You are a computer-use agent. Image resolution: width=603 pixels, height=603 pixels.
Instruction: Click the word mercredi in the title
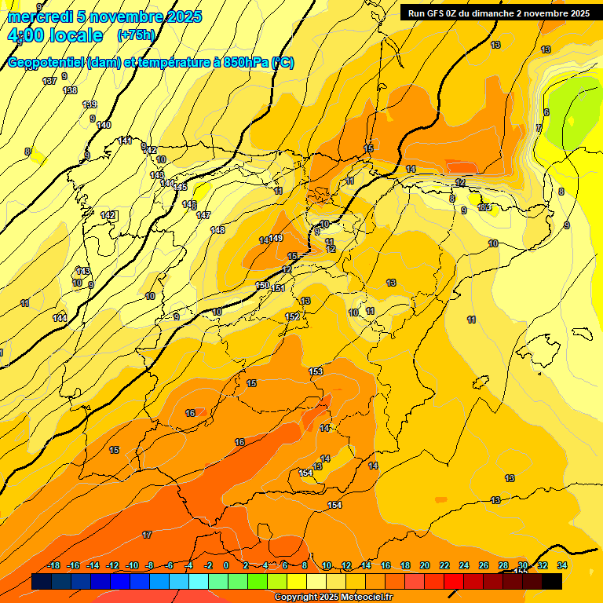coord(40,16)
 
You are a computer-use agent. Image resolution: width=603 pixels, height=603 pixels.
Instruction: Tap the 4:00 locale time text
coord(56,35)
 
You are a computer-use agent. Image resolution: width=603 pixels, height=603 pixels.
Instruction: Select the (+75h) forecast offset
coord(136,35)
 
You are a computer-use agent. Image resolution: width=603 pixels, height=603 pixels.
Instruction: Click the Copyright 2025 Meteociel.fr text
coord(333,597)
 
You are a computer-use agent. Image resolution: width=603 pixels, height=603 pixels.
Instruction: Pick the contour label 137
coord(49,81)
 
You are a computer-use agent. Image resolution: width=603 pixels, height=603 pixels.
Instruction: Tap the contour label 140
coord(104,125)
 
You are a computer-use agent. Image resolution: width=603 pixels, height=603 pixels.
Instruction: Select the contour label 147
coord(203,215)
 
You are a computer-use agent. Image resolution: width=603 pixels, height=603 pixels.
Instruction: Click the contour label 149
coord(276,238)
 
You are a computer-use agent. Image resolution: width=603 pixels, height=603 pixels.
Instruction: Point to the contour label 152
coord(292,316)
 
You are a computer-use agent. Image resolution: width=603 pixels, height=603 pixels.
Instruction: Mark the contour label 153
coord(316,371)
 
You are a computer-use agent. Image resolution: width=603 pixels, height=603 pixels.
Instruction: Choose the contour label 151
coord(278,289)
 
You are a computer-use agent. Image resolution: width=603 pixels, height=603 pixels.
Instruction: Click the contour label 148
coord(217,230)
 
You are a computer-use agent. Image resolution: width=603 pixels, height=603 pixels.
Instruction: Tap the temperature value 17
coord(147,535)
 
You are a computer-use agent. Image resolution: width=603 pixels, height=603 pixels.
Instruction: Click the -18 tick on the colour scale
coord(53,565)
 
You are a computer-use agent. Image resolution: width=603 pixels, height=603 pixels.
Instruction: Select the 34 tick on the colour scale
coord(562,565)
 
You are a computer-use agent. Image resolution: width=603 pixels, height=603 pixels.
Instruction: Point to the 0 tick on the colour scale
coord(226,565)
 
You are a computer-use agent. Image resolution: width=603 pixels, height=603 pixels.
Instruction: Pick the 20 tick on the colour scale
coord(425,565)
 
